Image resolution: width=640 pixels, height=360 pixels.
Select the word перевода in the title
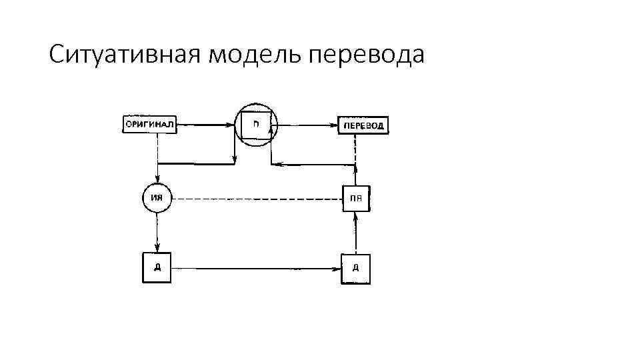point(366,55)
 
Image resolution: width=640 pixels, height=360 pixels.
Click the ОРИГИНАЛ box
point(150,124)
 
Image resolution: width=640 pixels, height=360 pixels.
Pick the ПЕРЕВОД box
point(363,125)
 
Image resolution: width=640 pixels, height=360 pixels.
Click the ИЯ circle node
point(157,198)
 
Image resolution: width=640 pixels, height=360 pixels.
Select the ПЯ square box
point(356,199)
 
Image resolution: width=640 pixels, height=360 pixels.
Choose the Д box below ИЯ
point(157,268)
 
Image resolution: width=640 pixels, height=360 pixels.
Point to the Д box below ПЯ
point(355,269)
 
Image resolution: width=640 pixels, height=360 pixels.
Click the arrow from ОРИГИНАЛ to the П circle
point(207,124)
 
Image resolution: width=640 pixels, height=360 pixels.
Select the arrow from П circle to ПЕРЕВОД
point(307,125)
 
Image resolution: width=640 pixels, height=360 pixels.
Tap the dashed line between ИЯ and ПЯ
point(257,199)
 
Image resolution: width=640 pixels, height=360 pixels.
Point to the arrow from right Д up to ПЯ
point(356,233)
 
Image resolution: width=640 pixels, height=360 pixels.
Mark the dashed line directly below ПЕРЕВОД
point(356,149)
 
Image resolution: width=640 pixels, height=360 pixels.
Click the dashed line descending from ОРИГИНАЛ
point(157,148)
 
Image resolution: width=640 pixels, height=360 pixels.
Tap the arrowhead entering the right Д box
point(337,269)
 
